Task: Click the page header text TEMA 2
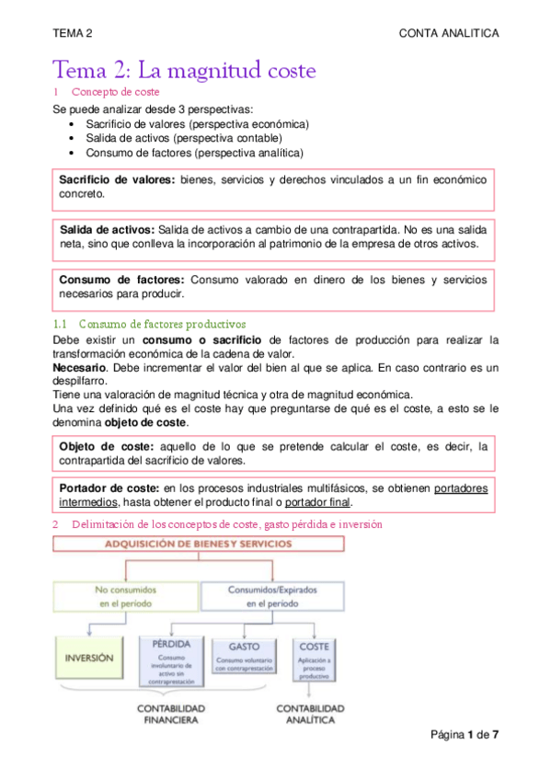coord(73,32)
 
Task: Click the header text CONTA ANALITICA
coord(448,32)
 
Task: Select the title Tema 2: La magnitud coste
coord(184,70)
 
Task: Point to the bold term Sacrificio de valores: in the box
coord(117,179)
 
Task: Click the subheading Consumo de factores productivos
coord(162,324)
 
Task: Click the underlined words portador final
coord(318,502)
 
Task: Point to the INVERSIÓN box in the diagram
coord(89,659)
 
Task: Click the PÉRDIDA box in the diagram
coord(170,659)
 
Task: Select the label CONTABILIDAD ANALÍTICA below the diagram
coord(311,714)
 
